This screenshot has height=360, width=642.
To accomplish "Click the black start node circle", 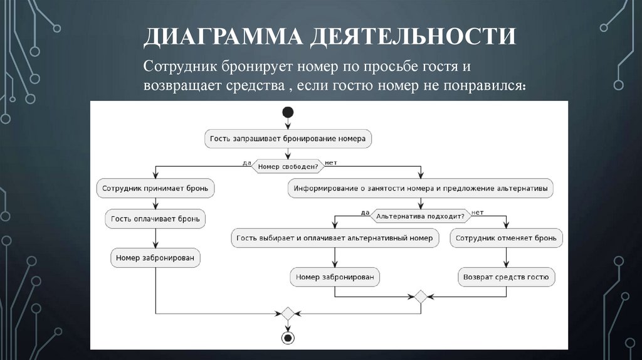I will click(288, 112).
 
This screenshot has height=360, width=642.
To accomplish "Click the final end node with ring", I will click(288, 337).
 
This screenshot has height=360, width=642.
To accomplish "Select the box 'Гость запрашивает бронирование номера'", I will click(288, 138).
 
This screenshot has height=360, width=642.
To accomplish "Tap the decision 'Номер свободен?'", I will click(288, 166).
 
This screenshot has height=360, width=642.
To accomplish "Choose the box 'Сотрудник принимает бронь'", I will click(156, 187).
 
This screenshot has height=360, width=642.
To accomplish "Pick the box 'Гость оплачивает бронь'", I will click(156, 218).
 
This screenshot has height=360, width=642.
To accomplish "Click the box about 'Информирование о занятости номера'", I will click(421, 187).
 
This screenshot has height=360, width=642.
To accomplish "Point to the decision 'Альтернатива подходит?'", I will click(421, 216).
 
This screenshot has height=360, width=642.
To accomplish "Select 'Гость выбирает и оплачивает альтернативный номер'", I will click(335, 238).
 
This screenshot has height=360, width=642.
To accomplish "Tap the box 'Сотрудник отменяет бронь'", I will click(507, 238).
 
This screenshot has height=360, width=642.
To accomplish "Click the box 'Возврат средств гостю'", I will click(506, 276).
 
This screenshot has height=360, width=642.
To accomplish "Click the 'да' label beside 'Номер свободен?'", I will click(246, 162).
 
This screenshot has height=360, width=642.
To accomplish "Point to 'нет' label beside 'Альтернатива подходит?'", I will click(477, 213).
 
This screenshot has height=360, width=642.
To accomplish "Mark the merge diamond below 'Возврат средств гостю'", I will click(421, 296).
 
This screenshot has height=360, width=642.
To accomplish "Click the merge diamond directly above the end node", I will click(288, 313).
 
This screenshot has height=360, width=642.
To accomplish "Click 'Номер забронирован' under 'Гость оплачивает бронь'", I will click(156, 257).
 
